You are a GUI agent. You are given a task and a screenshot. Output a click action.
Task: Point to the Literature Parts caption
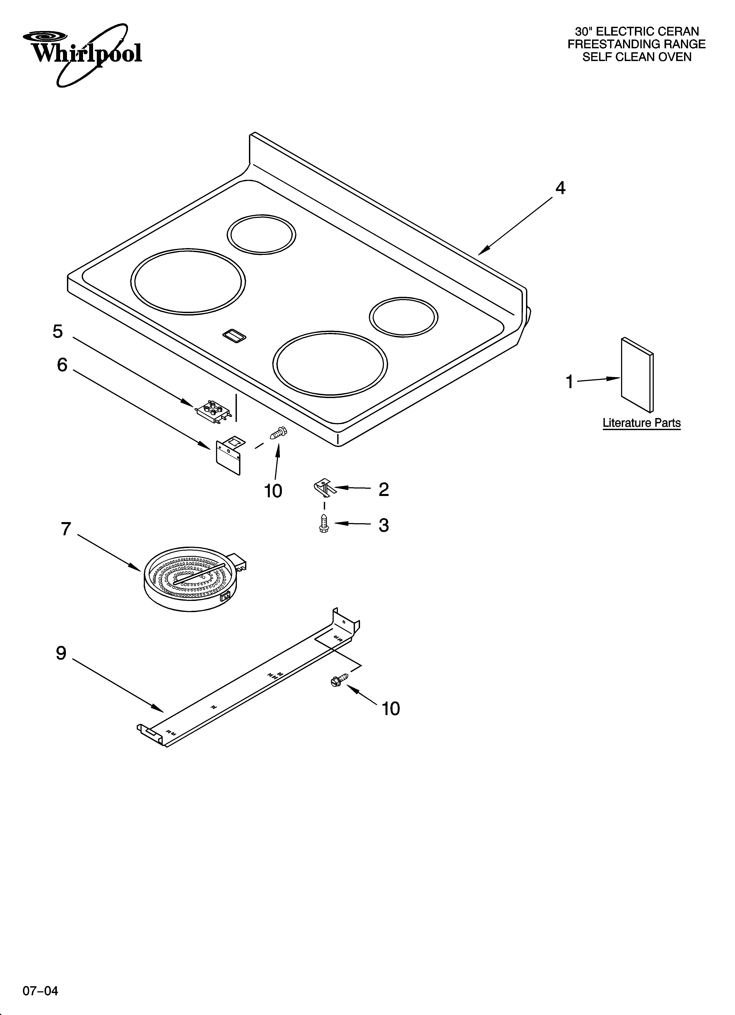(641, 423)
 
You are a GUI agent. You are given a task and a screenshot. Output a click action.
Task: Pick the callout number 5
(58, 332)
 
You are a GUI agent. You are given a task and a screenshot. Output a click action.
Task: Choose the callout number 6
(62, 365)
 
